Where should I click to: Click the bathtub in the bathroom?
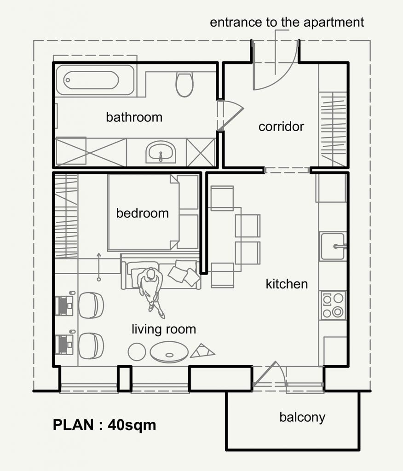(95, 80)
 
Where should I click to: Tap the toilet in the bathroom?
(184, 84)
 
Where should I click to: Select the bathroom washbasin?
(161, 152)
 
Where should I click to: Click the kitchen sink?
(333, 247)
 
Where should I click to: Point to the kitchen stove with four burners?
(333, 305)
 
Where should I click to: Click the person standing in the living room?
(151, 291)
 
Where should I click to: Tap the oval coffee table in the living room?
(169, 352)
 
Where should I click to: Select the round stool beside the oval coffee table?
(137, 352)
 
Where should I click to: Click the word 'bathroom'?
(134, 117)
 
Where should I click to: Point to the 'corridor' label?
(281, 126)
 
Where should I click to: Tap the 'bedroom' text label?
(143, 213)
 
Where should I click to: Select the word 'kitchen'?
(287, 284)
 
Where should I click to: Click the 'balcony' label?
(302, 418)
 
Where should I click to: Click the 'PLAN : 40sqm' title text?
(104, 425)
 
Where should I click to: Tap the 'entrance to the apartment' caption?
(287, 23)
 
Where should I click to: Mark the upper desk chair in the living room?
(91, 305)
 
